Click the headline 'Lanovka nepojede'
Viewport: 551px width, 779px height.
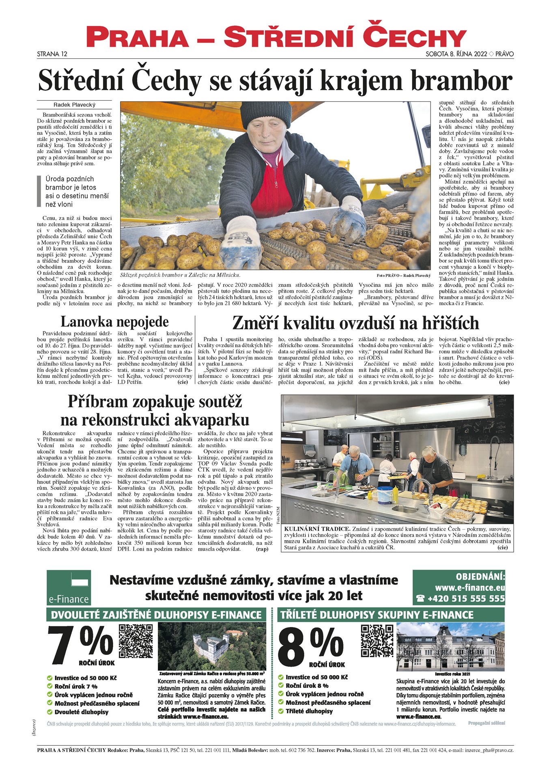[x=114, y=322]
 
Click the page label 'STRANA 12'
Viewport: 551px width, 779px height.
[x=52, y=54]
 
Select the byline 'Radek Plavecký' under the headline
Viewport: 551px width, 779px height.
[x=74, y=105]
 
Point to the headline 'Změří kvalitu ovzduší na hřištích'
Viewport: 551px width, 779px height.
[x=355, y=323]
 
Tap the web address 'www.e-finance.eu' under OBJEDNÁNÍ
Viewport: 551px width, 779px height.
[x=469, y=587]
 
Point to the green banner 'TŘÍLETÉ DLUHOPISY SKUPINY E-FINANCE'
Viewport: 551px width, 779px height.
[x=377, y=615]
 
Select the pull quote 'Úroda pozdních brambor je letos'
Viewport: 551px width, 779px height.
[x=71, y=183]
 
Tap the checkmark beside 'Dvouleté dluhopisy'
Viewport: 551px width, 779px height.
[x=50, y=712]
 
